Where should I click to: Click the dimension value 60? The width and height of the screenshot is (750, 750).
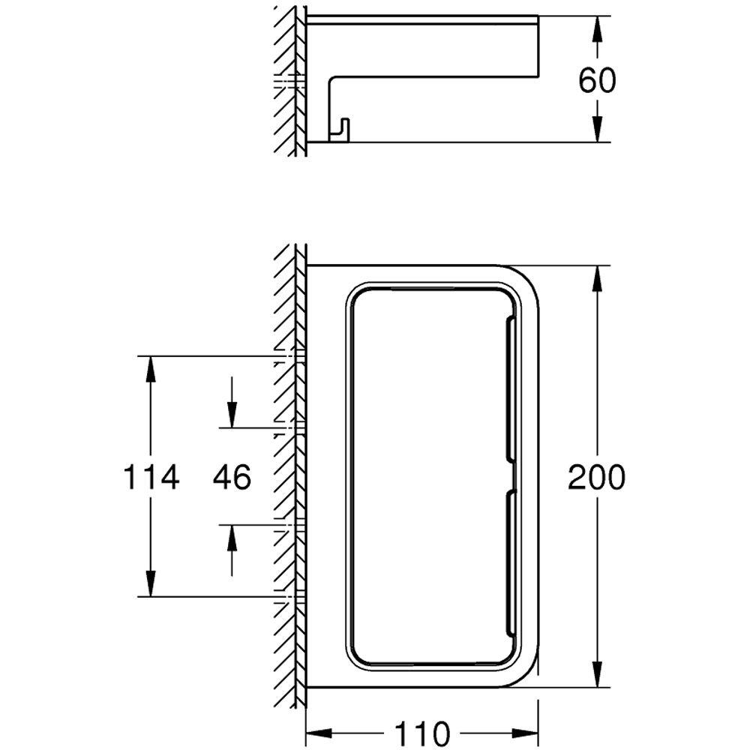click(597, 80)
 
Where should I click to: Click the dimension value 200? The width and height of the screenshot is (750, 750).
click(596, 477)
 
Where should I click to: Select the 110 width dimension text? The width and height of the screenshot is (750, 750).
click(422, 732)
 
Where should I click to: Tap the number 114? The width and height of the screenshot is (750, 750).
click(151, 477)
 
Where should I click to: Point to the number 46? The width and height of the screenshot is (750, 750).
click(232, 477)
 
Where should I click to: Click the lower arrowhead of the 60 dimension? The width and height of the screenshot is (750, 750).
click(597, 129)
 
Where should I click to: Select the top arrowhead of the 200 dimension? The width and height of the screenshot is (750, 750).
click(597, 278)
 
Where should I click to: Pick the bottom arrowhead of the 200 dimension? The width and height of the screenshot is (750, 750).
click(597, 674)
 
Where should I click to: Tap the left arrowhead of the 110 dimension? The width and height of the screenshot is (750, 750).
click(319, 732)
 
